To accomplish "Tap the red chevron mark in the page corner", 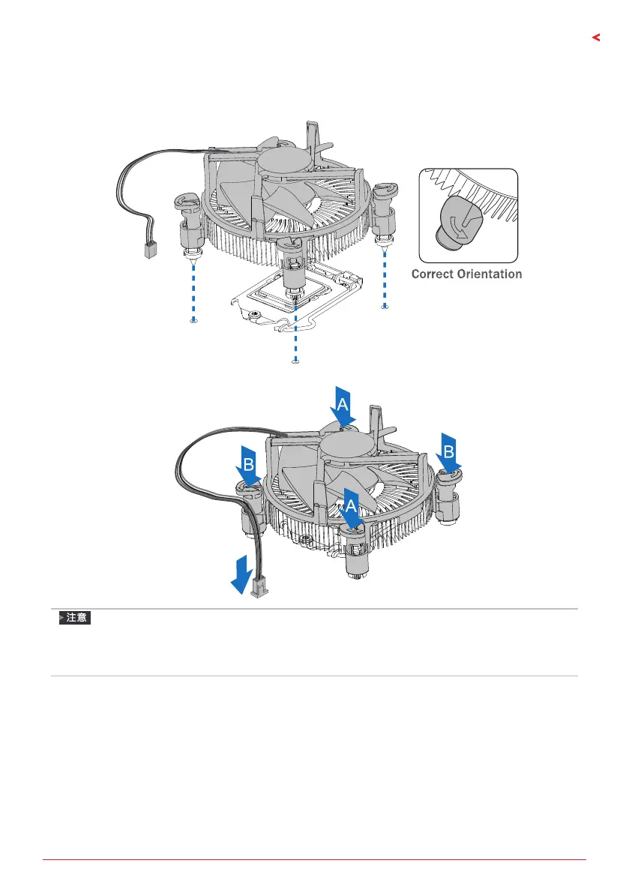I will point(597,37).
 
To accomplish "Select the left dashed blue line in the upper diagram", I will point(194,289).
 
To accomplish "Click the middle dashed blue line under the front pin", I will point(295,330).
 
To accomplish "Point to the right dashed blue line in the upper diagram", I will point(385,277).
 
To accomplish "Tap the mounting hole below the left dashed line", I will point(194,319).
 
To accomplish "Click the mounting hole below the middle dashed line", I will point(295,361).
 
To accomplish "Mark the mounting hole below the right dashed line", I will point(385,306).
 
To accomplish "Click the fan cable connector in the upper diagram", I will point(148,249).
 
